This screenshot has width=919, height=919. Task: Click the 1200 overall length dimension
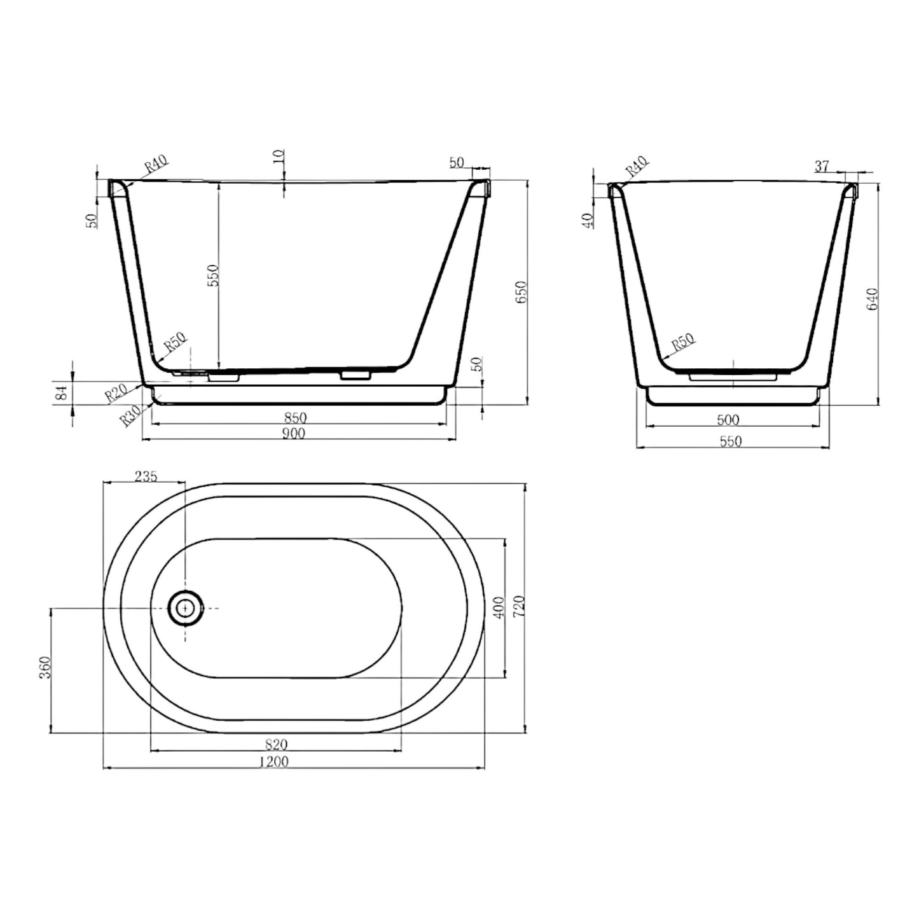click(x=274, y=761)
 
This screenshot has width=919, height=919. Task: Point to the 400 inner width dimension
click(x=499, y=607)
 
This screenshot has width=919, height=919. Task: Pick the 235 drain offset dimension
click(x=146, y=476)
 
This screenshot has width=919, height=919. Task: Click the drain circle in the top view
click(x=186, y=607)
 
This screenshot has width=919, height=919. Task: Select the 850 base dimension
click(x=295, y=418)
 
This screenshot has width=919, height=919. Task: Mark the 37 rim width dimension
click(x=822, y=167)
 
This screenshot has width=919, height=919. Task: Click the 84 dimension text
click(x=62, y=394)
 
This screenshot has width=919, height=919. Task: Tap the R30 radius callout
click(x=130, y=417)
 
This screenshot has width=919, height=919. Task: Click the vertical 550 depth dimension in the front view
click(x=214, y=275)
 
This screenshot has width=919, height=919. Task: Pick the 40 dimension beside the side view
click(x=588, y=220)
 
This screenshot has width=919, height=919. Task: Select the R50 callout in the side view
click(x=682, y=343)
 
